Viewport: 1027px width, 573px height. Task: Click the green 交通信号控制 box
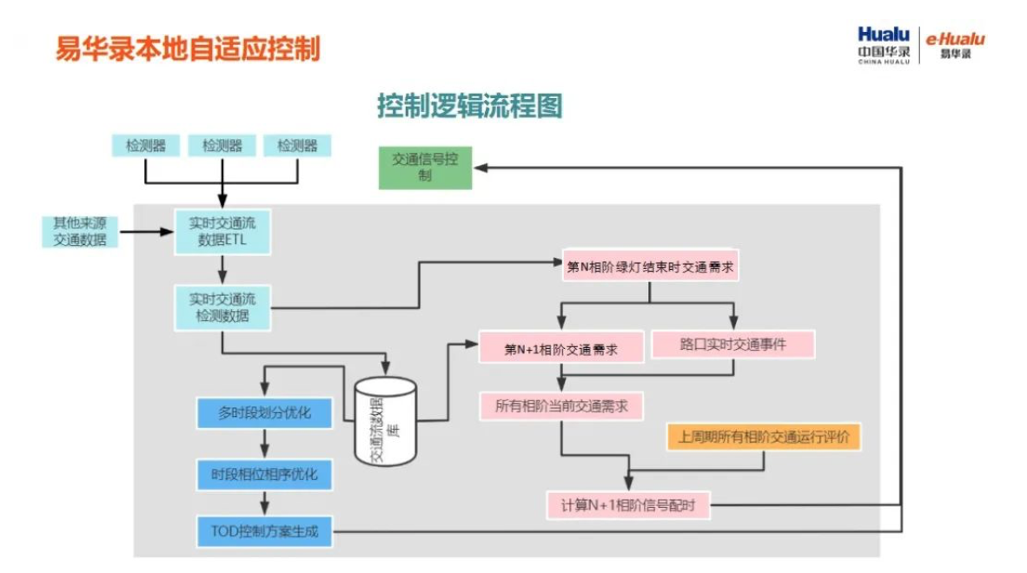(x=425, y=168)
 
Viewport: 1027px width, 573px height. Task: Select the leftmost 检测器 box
(x=145, y=146)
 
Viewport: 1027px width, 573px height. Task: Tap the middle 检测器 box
(x=222, y=146)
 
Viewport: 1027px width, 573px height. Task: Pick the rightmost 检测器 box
(x=297, y=146)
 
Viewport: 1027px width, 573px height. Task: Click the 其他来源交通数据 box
(x=80, y=231)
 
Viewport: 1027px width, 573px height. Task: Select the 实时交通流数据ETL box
(x=222, y=231)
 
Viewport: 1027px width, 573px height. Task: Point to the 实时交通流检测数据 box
(x=222, y=307)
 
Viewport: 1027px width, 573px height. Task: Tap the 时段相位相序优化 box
(x=265, y=474)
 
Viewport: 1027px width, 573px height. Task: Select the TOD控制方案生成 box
(x=265, y=530)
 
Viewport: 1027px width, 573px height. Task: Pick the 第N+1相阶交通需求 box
(x=561, y=347)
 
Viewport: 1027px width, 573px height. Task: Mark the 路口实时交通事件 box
(x=733, y=344)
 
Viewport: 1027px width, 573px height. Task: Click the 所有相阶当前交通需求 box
(x=561, y=405)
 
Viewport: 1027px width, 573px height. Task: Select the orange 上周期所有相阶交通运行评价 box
(x=763, y=437)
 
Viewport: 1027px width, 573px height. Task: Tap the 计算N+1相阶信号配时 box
(x=629, y=504)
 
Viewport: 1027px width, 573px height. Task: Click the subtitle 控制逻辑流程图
(x=470, y=105)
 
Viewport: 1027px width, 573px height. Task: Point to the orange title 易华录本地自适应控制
(x=188, y=48)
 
